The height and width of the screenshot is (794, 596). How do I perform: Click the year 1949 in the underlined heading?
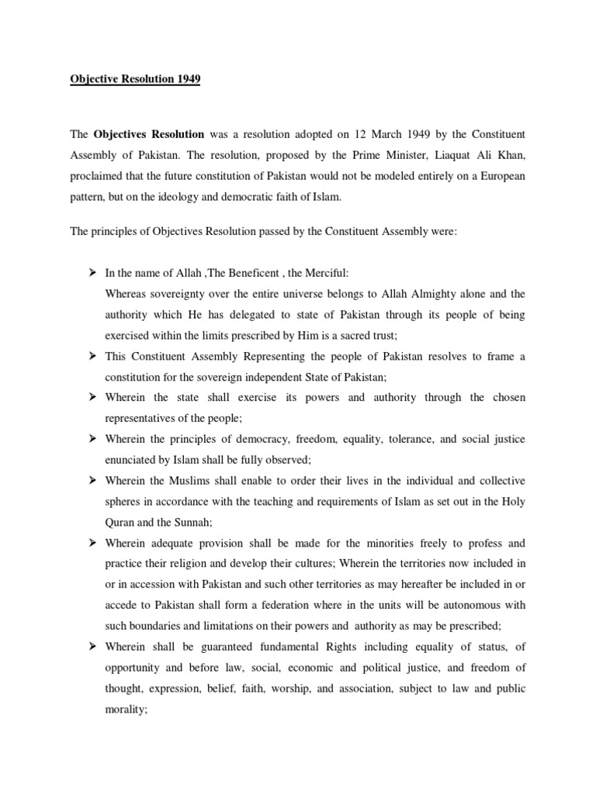point(187,80)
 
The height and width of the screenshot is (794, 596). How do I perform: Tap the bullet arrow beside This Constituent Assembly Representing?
point(91,356)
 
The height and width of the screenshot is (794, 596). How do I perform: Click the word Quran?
point(121,523)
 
